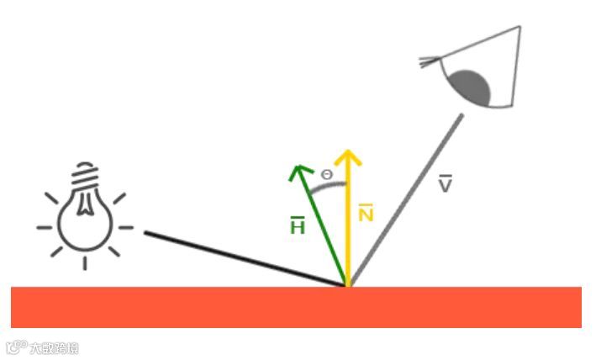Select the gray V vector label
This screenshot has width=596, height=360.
coord(446,185)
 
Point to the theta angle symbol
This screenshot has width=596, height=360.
coord(327,174)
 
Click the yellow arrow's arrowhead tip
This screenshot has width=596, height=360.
coord(347,153)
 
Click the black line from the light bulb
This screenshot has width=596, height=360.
coord(244,258)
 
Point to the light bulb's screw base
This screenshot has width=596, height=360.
coord(85,178)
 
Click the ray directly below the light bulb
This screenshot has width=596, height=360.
coord(85,262)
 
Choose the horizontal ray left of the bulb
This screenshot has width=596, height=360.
coord(45,227)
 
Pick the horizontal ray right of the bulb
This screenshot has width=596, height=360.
coord(125,227)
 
